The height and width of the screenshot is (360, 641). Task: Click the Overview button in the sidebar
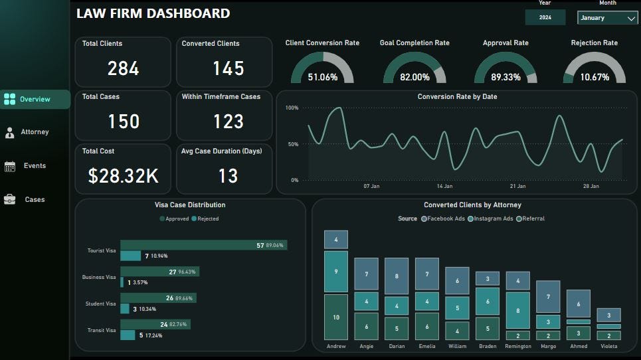pos(35,100)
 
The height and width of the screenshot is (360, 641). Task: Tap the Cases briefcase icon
pos(10,199)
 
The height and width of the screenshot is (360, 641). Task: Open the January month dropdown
pos(607,19)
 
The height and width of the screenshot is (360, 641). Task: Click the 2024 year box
pos(545,18)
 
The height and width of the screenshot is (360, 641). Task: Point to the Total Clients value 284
pos(123,68)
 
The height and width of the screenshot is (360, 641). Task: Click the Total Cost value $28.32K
pos(123,175)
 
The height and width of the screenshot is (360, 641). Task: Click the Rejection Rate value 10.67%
pos(595,77)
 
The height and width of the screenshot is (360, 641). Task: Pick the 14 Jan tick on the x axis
pos(444,187)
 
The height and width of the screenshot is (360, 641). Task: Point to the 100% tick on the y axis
pos(292,108)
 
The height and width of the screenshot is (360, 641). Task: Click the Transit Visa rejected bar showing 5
pos(127,335)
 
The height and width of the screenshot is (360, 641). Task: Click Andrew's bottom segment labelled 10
pos(336,317)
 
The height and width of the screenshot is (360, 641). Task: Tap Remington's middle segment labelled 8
pos(518,310)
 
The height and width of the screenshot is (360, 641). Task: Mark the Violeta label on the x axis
pos(608,346)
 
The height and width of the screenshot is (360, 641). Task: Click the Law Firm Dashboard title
pos(153,13)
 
